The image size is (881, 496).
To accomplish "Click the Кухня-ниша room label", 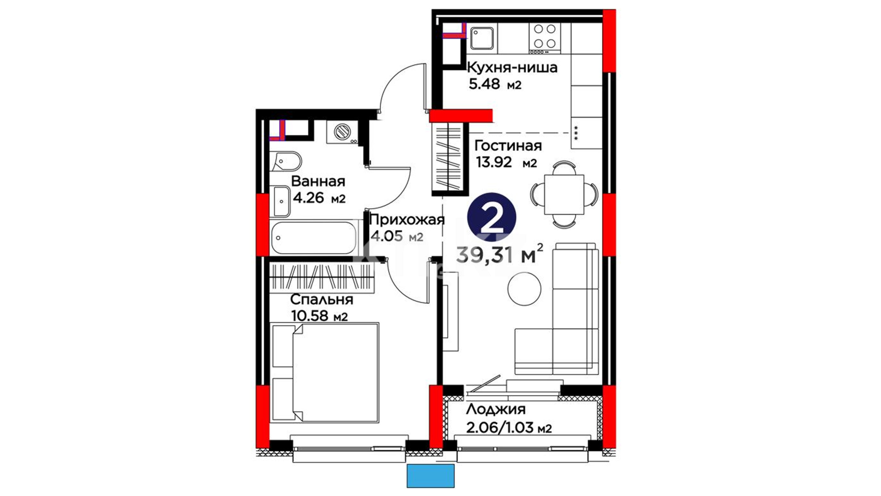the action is click(512, 68).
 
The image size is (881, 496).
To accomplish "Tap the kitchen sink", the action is click(482, 37).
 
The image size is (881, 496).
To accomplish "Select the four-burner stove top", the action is click(544, 36).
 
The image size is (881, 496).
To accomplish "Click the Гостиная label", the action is click(508, 146).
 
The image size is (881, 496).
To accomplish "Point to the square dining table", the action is click(564, 194).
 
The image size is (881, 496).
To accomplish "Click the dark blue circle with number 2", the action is click(491, 218).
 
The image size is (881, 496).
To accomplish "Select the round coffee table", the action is click(524, 289).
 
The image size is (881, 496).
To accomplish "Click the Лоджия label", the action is click(496, 409).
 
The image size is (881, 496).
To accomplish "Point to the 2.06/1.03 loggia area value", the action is click(508, 428).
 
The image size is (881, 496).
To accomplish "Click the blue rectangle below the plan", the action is click(430, 476).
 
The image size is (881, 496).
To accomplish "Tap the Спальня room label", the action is click(322, 299).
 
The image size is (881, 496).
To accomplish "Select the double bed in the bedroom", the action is click(325, 372).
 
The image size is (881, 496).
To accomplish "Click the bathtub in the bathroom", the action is click(313, 237).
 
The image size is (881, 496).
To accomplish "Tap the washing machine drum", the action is click(342, 132).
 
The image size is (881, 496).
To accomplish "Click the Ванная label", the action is click(318, 181).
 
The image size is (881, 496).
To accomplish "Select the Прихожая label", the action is click(407, 220).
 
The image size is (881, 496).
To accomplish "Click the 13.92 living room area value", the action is click(494, 162).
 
